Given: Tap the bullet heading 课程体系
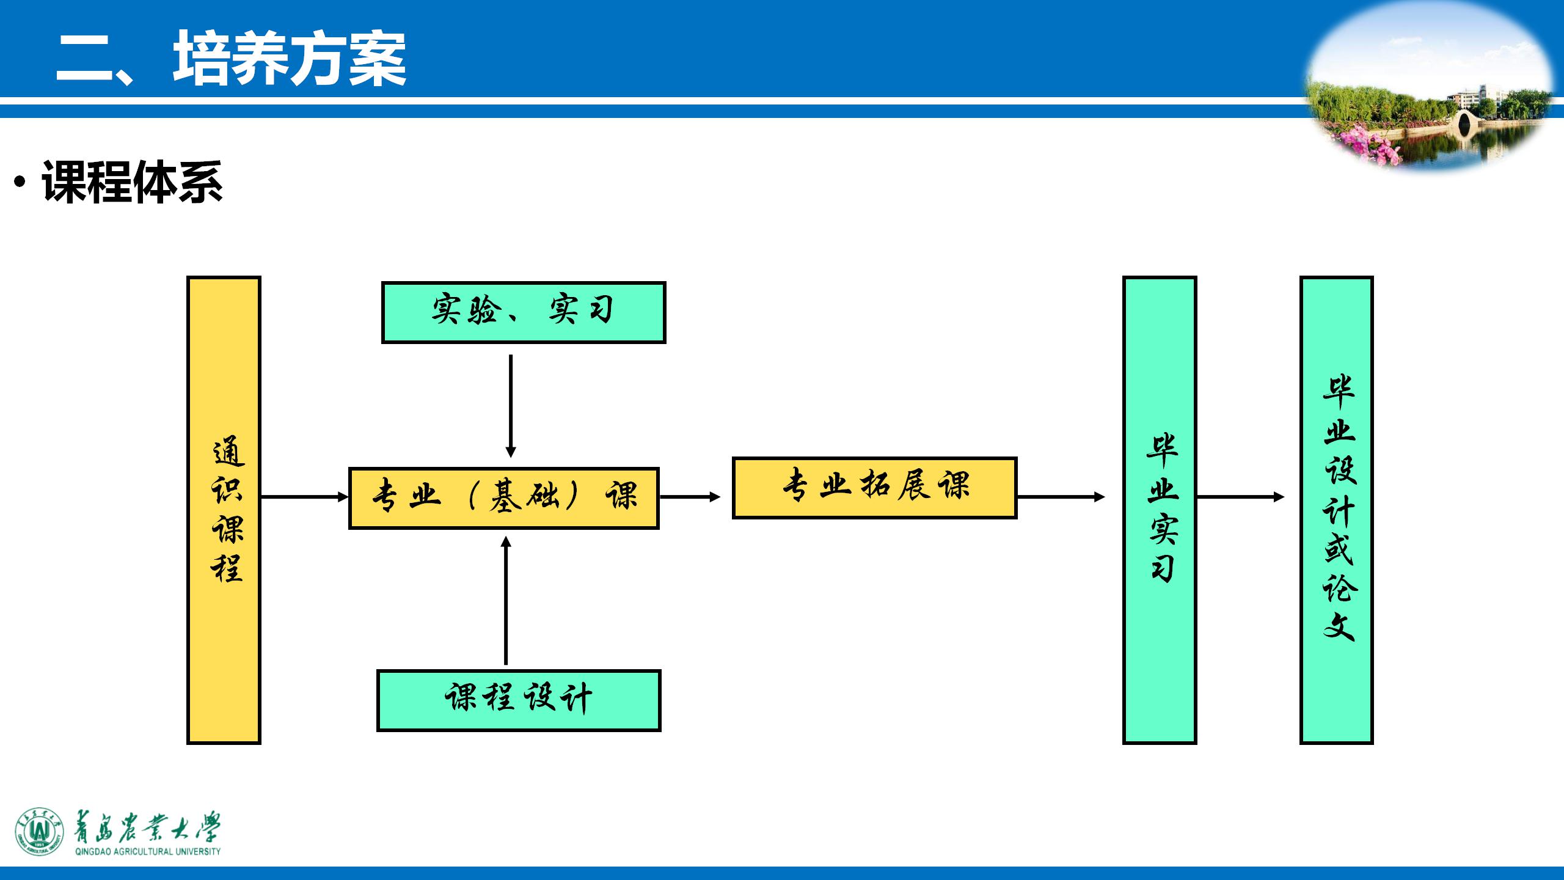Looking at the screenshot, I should pos(132,182).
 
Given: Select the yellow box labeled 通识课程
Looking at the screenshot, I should pos(224,510).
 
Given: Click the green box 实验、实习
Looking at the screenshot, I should pos(523,312).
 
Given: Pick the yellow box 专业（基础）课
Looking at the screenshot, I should pos(503,497).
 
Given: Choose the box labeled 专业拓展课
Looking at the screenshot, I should pos(874,488).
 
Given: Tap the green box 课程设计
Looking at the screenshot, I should pos(519,700).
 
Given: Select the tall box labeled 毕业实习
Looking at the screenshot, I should pos(1159,510).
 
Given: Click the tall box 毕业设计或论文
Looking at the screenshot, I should pos(1337,510).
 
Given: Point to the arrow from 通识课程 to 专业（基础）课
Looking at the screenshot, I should pos(304,497).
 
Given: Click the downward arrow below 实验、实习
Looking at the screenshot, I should pos(511,406).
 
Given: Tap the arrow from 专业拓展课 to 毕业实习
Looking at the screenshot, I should pos(1061,497).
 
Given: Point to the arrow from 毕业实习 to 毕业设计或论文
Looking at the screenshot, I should pos(1240,497).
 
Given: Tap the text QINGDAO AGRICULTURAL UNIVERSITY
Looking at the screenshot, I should pos(148,851).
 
